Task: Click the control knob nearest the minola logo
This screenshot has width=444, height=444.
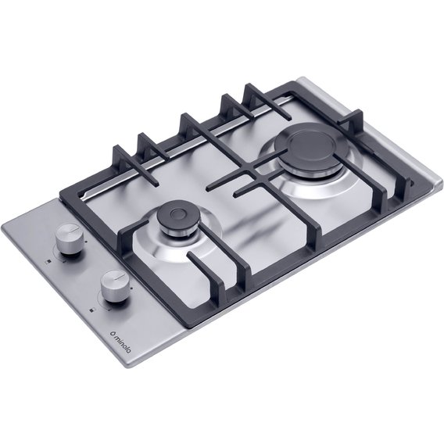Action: (114, 286)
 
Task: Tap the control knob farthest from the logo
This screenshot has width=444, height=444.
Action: (68, 239)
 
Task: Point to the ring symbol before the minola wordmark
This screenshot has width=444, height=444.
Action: (112, 332)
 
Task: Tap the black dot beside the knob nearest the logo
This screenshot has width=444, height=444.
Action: (132, 288)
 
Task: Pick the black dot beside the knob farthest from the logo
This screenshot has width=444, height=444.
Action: (86, 242)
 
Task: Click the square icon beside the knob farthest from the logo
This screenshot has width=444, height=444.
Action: (48, 262)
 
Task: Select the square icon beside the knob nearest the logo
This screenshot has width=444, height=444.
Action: (91, 310)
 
